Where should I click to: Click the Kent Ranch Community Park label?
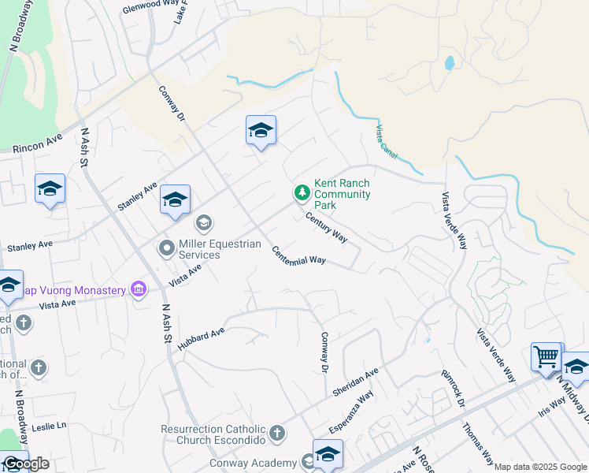[x=342, y=194]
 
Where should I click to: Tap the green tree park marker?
[x=301, y=192]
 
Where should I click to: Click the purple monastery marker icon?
[x=139, y=290]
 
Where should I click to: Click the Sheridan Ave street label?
[x=356, y=382]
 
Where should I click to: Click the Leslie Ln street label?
[x=50, y=426]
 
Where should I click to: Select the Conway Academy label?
[x=253, y=463]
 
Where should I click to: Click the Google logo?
[x=25, y=464]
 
